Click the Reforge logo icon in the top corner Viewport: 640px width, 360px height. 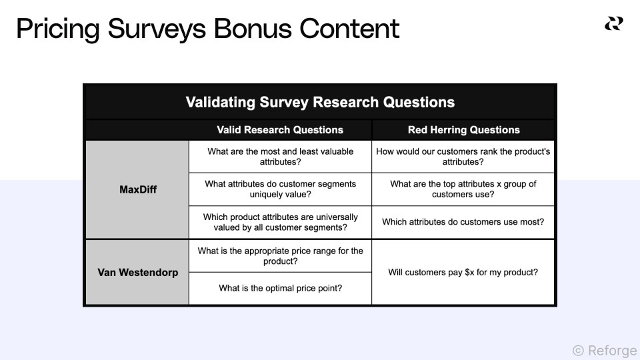pos(613,24)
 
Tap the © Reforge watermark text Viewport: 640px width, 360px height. pos(604,350)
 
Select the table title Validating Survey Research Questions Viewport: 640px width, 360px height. pos(320,103)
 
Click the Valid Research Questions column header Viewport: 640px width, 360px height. pos(280,130)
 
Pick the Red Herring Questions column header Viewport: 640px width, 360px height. pos(463,130)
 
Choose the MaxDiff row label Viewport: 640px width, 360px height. pos(138,189)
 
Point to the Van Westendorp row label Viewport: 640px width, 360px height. pos(138,272)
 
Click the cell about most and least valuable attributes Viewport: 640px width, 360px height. pos(280,157)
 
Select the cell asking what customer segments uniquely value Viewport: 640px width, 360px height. pos(280,189)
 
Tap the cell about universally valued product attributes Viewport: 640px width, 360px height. pos(280,222)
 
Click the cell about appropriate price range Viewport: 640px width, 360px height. pos(280,256)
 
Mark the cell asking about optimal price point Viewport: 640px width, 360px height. pos(280,288)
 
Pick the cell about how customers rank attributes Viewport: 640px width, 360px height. pos(463,157)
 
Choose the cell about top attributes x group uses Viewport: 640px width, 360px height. pos(463,189)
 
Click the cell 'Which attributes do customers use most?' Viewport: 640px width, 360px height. pos(463,222)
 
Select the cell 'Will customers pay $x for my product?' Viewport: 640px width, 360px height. pos(463,272)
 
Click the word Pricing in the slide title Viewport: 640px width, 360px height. pos(55,29)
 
